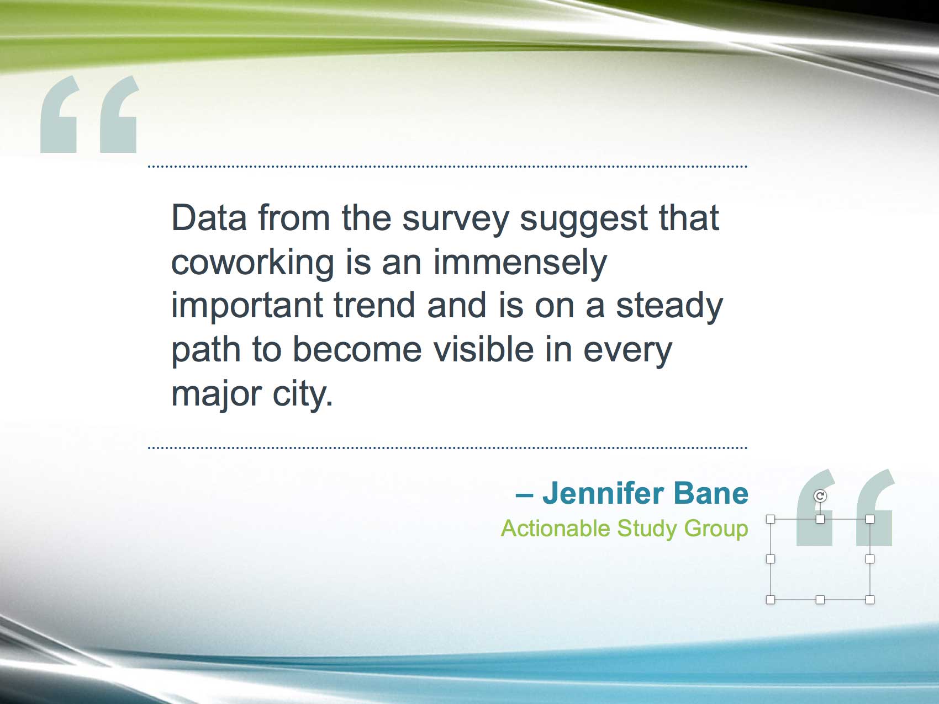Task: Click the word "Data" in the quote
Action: (x=209, y=218)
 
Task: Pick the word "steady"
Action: (x=669, y=307)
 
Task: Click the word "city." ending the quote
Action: (x=303, y=395)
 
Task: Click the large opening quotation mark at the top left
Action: (x=89, y=114)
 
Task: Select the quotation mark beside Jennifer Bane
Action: (x=845, y=508)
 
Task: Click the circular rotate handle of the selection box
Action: (x=820, y=496)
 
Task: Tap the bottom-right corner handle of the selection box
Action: (x=870, y=600)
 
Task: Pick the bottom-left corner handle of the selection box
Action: (x=771, y=600)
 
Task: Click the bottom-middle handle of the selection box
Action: (x=820, y=600)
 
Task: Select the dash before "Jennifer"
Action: (x=524, y=495)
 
